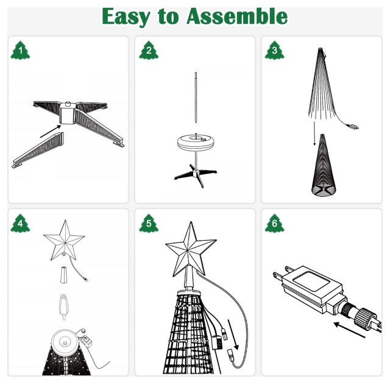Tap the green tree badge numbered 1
click(x=20, y=51)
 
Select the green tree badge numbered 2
click(x=147, y=51)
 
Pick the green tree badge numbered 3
click(x=274, y=51)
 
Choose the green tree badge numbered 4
click(x=20, y=224)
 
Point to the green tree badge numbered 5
click(x=147, y=224)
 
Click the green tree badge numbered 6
click(x=274, y=224)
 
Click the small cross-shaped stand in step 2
click(x=194, y=174)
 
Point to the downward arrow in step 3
click(x=314, y=133)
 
